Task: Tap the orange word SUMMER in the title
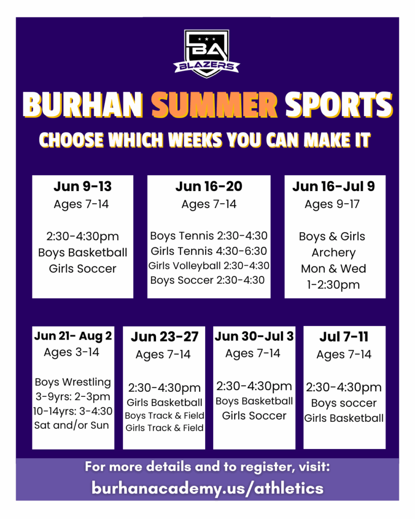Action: (x=214, y=105)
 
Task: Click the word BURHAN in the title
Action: (x=83, y=105)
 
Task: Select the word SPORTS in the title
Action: (x=339, y=105)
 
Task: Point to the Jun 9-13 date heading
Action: (x=83, y=187)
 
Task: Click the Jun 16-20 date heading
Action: (x=209, y=187)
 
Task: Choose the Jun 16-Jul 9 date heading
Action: (x=333, y=187)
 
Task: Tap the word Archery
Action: (x=333, y=253)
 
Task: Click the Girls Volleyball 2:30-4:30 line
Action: (x=209, y=266)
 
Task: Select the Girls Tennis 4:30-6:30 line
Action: (x=209, y=251)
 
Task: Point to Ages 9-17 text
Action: (x=332, y=204)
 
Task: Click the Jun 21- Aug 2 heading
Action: (x=73, y=336)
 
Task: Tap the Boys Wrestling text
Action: (x=73, y=382)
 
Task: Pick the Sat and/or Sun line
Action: (x=71, y=425)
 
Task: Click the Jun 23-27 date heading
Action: (x=165, y=337)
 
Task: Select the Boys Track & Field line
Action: (x=165, y=416)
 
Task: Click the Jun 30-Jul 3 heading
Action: (x=254, y=337)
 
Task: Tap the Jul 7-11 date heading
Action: (x=344, y=337)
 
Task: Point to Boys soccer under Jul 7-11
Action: (x=344, y=403)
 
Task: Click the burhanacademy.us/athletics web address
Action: (x=208, y=489)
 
